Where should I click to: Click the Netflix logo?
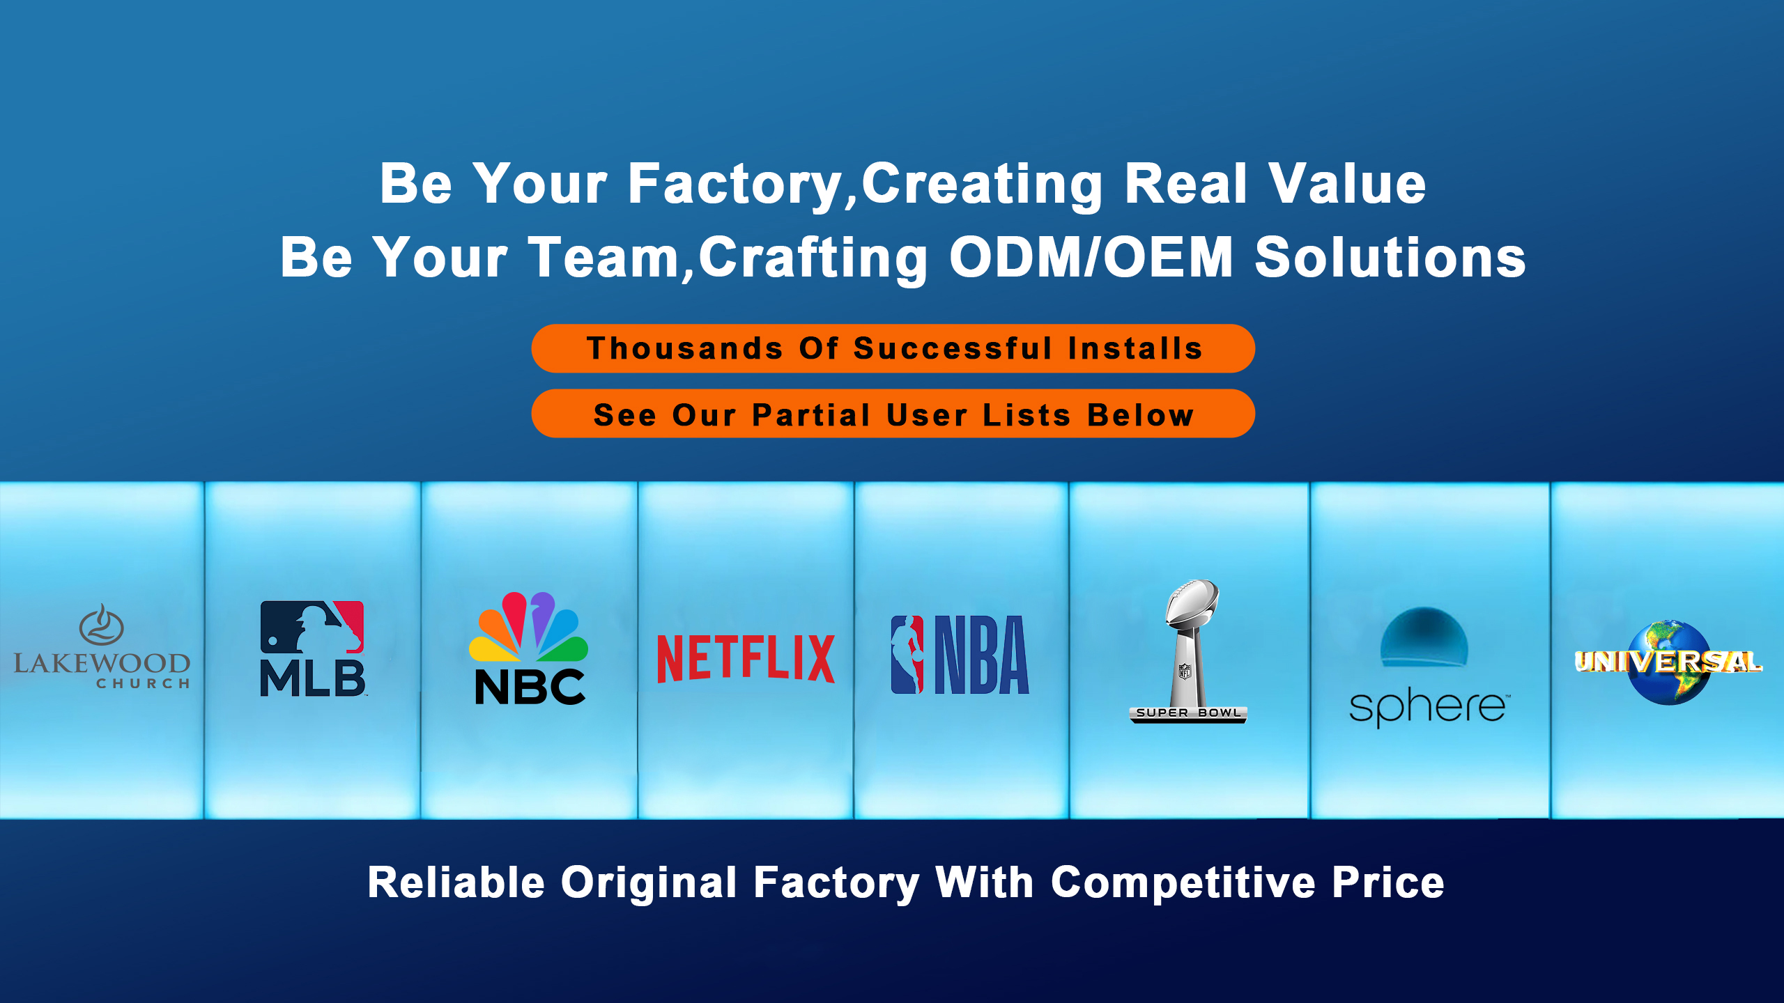pyautogui.click(x=746, y=658)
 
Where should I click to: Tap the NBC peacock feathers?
pyautogui.click(x=528, y=626)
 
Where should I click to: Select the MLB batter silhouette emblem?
pyautogui.click(x=312, y=627)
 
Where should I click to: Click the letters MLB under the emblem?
pyautogui.click(x=312, y=678)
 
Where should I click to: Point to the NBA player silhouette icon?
pyautogui.click(x=907, y=655)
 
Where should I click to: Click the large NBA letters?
pyautogui.click(x=981, y=655)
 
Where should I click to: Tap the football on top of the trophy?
pyautogui.click(x=1192, y=601)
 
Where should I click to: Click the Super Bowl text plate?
pyautogui.click(x=1188, y=713)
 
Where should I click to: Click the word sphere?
pyautogui.click(x=1427, y=707)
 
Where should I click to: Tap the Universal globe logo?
pyautogui.click(x=1669, y=662)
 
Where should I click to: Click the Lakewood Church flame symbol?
pyautogui.click(x=102, y=624)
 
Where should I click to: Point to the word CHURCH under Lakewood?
pyautogui.click(x=143, y=684)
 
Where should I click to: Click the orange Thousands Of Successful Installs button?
pyautogui.click(x=893, y=348)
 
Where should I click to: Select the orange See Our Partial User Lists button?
pyautogui.click(x=893, y=414)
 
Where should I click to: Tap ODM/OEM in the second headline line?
pyautogui.click(x=1092, y=257)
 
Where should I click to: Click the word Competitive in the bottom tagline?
pyautogui.click(x=1183, y=883)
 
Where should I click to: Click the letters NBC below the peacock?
pyautogui.click(x=530, y=687)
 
